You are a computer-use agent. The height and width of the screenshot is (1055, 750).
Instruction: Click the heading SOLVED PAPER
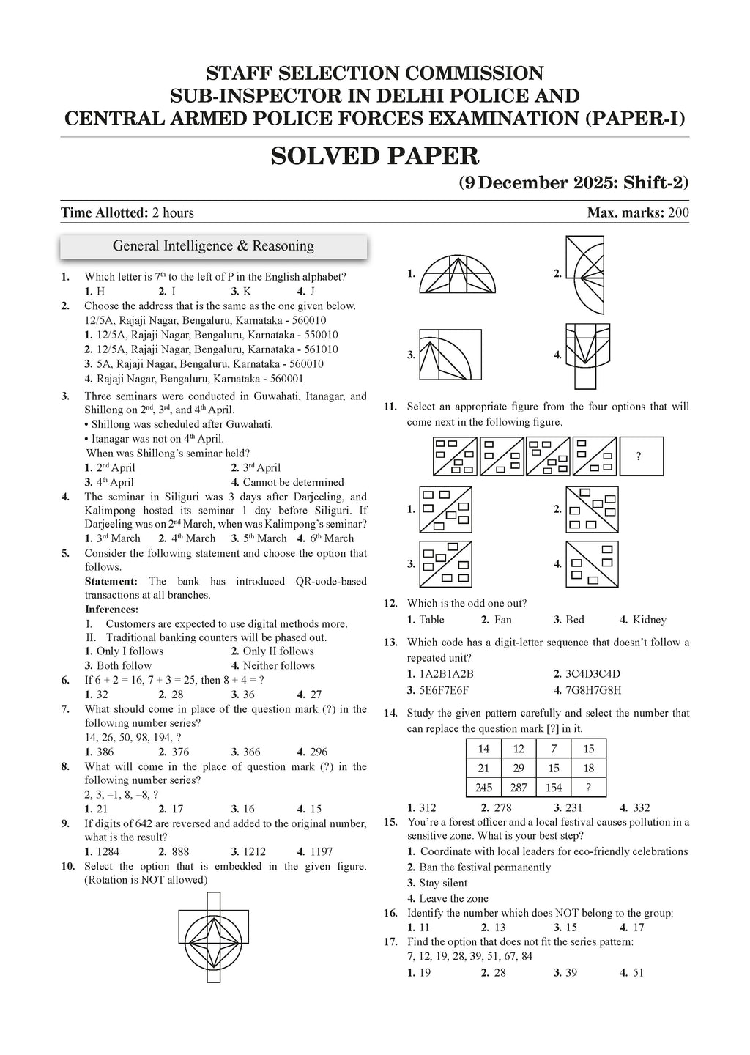pyautogui.click(x=374, y=156)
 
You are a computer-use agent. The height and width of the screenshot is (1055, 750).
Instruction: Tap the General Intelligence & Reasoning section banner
pyautogui.click(x=213, y=246)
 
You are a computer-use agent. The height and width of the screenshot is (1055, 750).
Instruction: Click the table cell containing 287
pyautogui.click(x=519, y=787)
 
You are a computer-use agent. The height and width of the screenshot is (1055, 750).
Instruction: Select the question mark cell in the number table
pyautogui.click(x=589, y=787)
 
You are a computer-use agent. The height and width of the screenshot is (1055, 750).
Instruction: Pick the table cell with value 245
pyautogui.click(x=483, y=787)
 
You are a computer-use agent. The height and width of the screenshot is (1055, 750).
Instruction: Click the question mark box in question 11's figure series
pyautogui.click(x=641, y=456)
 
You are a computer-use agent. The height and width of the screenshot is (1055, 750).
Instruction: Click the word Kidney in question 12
pyautogui.click(x=649, y=620)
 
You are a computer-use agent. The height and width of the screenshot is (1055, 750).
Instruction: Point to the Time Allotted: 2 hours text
pyautogui.click(x=127, y=213)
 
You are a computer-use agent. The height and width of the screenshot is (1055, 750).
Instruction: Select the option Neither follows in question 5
pyautogui.click(x=278, y=665)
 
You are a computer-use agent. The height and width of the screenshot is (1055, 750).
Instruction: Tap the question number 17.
pyautogui.click(x=390, y=941)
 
